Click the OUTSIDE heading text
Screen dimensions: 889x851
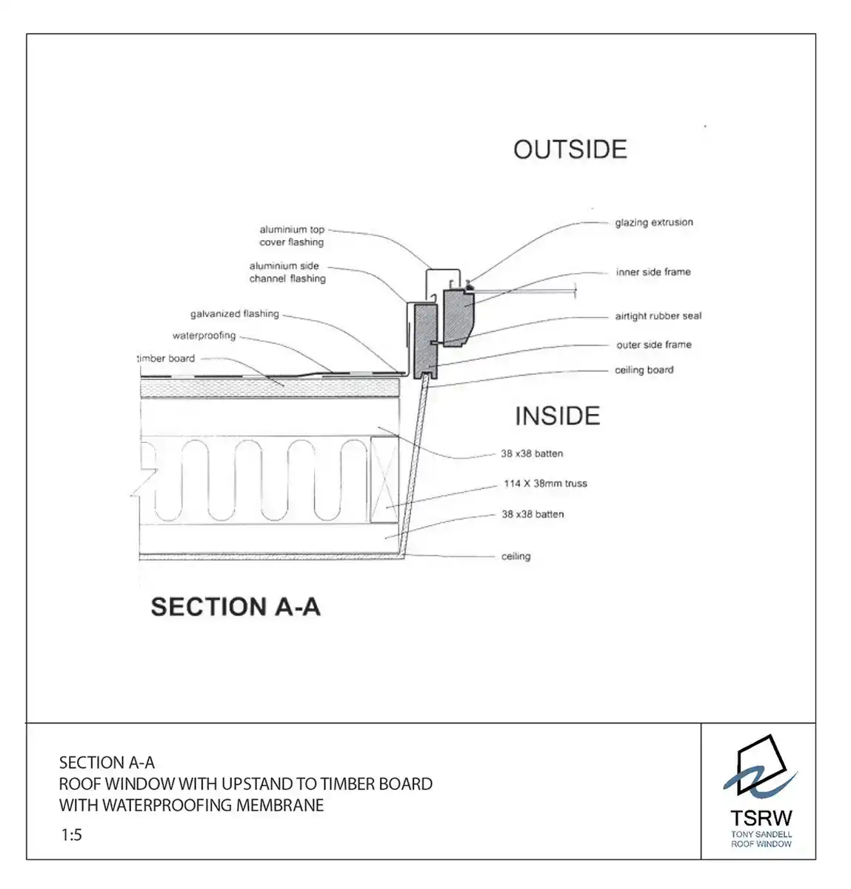pos(570,150)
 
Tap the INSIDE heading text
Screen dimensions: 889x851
pos(557,416)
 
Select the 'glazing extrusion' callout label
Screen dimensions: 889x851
pos(653,222)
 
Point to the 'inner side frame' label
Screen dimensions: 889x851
pos(653,272)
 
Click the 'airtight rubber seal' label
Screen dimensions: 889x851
pos(658,316)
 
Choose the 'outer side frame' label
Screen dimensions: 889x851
pos(653,344)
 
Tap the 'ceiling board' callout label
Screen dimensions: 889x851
pos(644,370)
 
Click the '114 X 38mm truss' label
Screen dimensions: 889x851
pos(545,484)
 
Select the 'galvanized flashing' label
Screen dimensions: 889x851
pos(235,314)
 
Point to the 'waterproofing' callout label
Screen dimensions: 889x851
pos(204,336)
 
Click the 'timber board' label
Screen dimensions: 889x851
pos(167,359)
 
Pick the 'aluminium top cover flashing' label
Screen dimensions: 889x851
pos(292,236)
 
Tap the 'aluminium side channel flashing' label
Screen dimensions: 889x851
pos(287,273)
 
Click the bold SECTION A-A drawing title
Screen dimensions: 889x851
pos(236,607)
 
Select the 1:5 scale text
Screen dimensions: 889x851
pos(72,835)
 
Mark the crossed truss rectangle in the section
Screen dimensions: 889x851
pos(384,481)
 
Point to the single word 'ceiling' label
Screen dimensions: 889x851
pos(515,556)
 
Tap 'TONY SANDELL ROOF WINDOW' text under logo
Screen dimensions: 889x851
pos(761,839)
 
